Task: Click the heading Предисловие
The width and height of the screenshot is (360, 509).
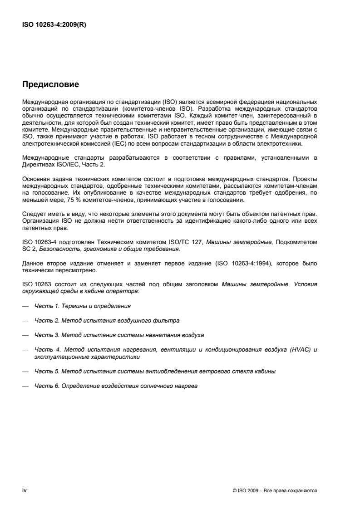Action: coord(51,84)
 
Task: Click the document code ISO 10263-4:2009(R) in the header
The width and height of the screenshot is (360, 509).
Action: coord(54,25)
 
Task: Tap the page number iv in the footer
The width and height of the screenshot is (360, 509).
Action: coord(25,490)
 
